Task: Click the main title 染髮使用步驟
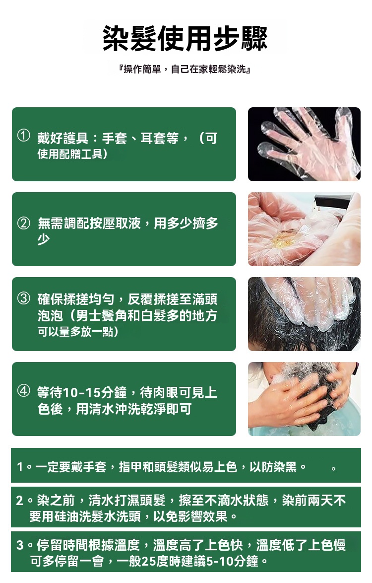(185, 38)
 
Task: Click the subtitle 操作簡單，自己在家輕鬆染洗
(185, 69)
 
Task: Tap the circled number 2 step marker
(23, 222)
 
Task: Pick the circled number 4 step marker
(23, 391)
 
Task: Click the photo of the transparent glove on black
(304, 145)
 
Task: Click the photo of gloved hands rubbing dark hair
(304, 314)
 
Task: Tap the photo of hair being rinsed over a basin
(304, 399)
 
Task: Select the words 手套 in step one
(115, 139)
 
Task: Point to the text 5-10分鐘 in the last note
(232, 561)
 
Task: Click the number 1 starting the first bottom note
(20, 467)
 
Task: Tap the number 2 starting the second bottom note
(20, 501)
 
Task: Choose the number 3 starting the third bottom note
(20, 545)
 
